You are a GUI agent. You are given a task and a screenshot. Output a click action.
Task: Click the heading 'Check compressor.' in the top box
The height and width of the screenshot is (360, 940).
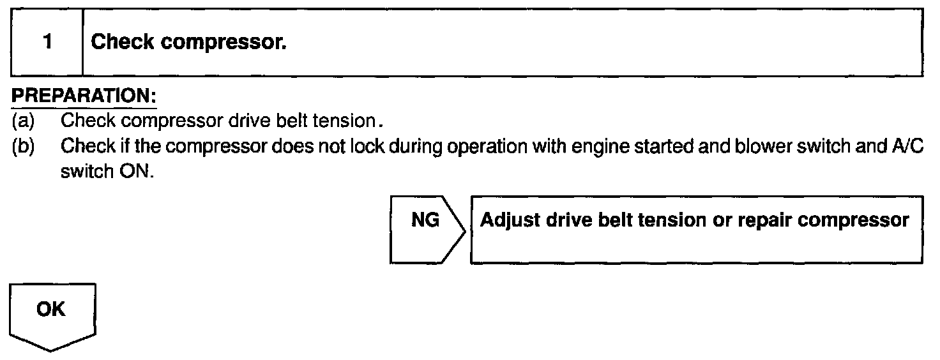189,43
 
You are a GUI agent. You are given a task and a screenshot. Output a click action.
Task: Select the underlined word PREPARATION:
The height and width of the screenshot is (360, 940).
84,98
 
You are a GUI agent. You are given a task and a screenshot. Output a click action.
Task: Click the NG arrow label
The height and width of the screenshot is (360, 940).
424,221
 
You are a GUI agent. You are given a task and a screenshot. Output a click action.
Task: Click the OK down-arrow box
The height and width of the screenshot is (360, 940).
51,310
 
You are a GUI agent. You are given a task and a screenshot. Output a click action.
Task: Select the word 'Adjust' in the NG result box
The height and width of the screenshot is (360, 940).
510,221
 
